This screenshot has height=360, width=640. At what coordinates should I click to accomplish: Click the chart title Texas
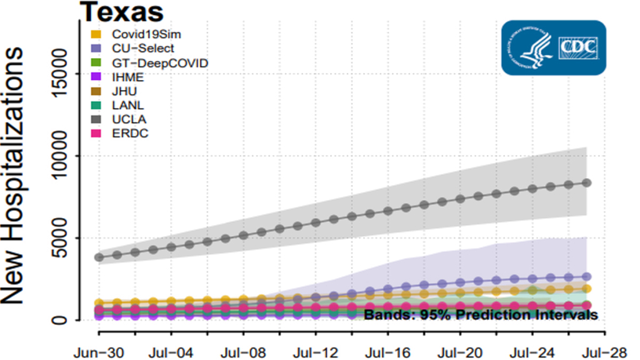coord(122,11)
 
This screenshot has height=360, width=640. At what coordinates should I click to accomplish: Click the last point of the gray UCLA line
coord(587,182)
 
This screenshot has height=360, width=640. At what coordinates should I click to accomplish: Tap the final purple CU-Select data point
coord(587,276)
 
